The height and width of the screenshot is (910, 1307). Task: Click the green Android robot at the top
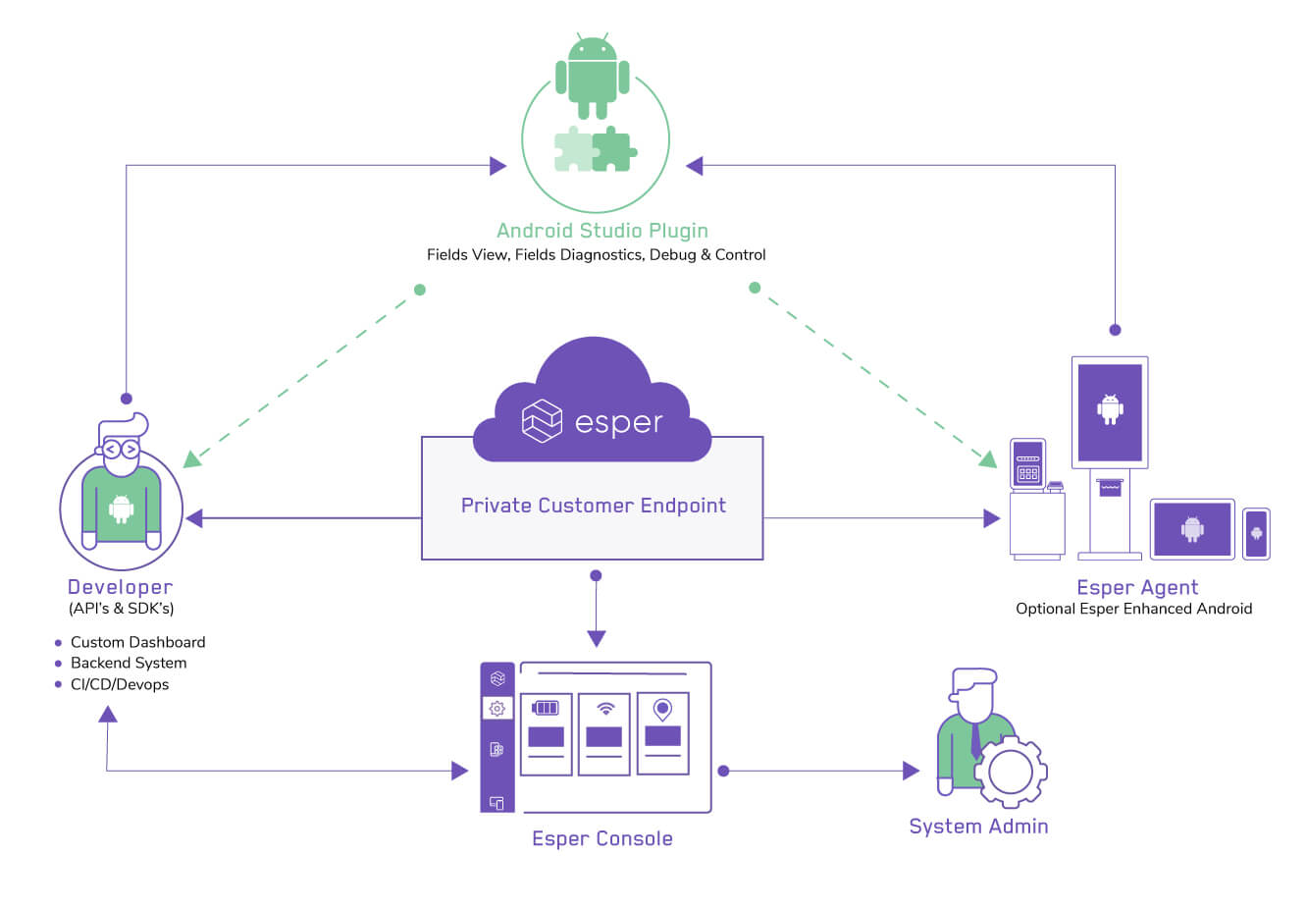pyautogui.click(x=593, y=77)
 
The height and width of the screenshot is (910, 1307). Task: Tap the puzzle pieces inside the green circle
pyautogui.click(x=596, y=149)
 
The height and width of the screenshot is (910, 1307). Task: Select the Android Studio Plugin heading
pyautogui.click(x=601, y=231)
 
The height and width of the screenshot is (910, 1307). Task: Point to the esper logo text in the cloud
pyautogui.click(x=618, y=422)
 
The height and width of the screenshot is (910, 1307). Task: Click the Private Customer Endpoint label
pyautogui.click(x=593, y=506)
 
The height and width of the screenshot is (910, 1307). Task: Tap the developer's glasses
pyautogui.click(x=121, y=450)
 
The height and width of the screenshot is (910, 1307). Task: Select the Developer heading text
pyautogui.click(x=120, y=587)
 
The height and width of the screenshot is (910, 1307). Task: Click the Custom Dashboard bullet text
pyautogui.click(x=137, y=642)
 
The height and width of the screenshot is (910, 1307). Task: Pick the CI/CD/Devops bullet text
pyautogui.click(x=119, y=684)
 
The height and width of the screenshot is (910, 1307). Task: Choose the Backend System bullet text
pyautogui.click(x=128, y=663)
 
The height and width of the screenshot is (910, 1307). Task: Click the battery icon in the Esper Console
pyautogui.click(x=546, y=708)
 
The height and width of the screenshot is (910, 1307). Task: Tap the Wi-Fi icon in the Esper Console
pyautogui.click(x=605, y=708)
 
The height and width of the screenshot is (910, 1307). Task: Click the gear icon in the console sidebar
pyautogui.click(x=497, y=708)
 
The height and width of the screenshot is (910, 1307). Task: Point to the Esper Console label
pyautogui.click(x=601, y=838)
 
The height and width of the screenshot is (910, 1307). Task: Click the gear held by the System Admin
pyautogui.click(x=1011, y=772)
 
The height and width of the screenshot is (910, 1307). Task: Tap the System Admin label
pyautogui.click(x=978, y=827)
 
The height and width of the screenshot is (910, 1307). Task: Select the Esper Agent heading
pyautogui.click(x=1137, y=587)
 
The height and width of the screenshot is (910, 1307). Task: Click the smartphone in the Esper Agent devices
pyautogui.click(x=1256, y=533)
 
